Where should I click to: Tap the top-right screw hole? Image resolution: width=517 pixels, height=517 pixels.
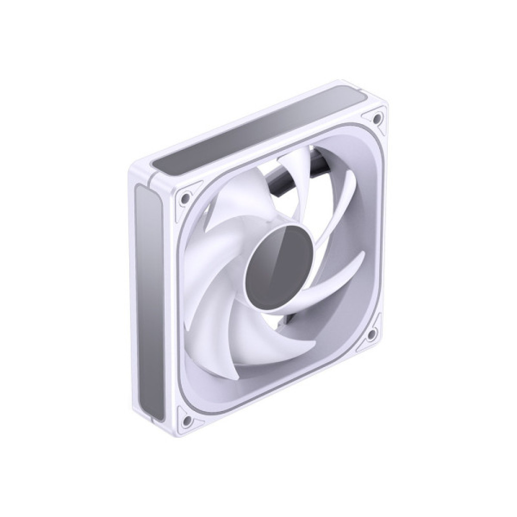pos(377,118)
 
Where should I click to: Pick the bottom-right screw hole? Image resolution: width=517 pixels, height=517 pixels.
pos(371,334)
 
